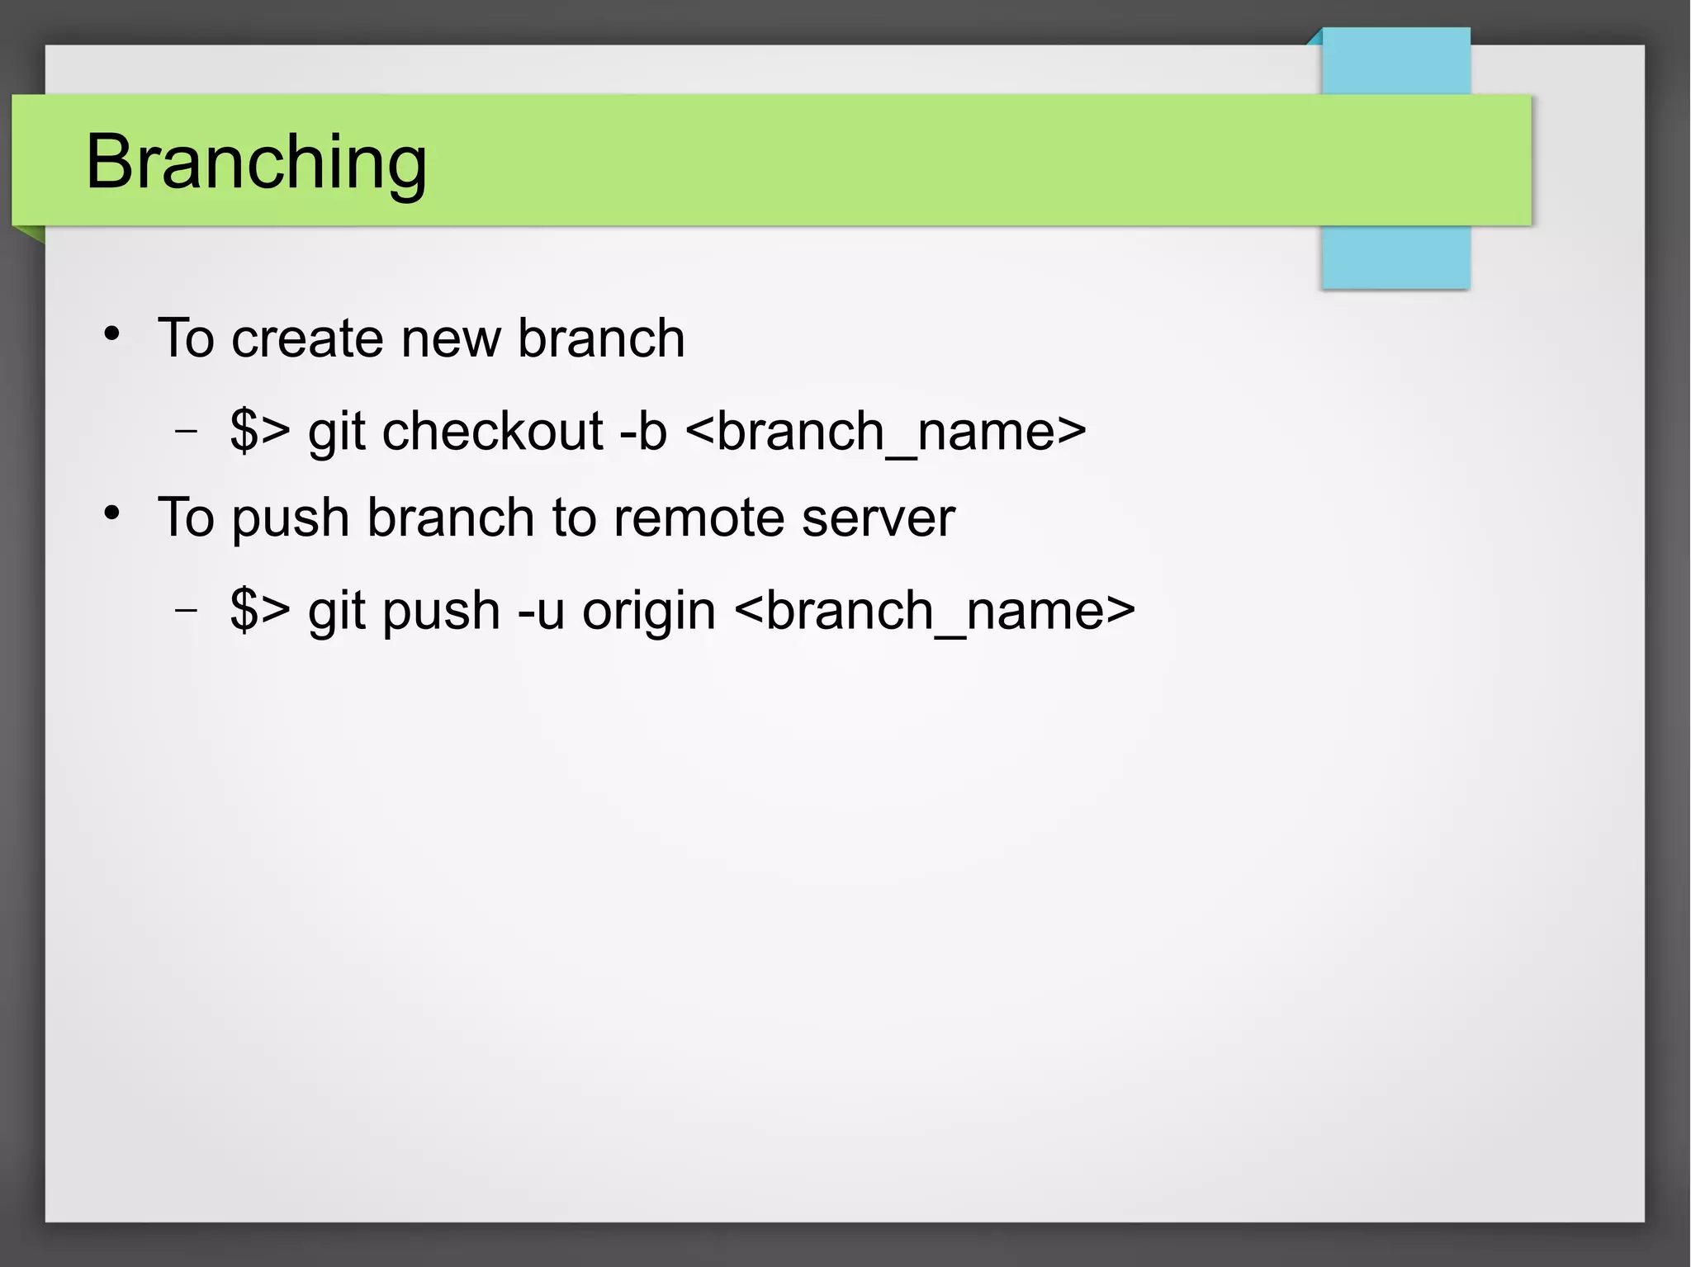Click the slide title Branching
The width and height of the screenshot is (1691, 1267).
256,163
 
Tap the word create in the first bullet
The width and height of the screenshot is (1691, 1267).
307,338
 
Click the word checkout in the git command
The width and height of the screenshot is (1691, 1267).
492,432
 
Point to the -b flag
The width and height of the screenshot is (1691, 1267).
642,432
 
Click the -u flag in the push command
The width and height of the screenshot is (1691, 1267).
541,611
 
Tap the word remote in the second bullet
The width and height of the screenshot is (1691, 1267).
698,518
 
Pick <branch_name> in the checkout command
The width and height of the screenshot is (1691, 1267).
885,432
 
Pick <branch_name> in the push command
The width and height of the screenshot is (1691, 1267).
934,611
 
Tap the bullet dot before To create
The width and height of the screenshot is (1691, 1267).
112,334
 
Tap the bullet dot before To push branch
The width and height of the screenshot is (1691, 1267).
112,513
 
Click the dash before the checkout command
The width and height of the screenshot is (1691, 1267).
187,431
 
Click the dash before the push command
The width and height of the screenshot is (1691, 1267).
187,610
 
